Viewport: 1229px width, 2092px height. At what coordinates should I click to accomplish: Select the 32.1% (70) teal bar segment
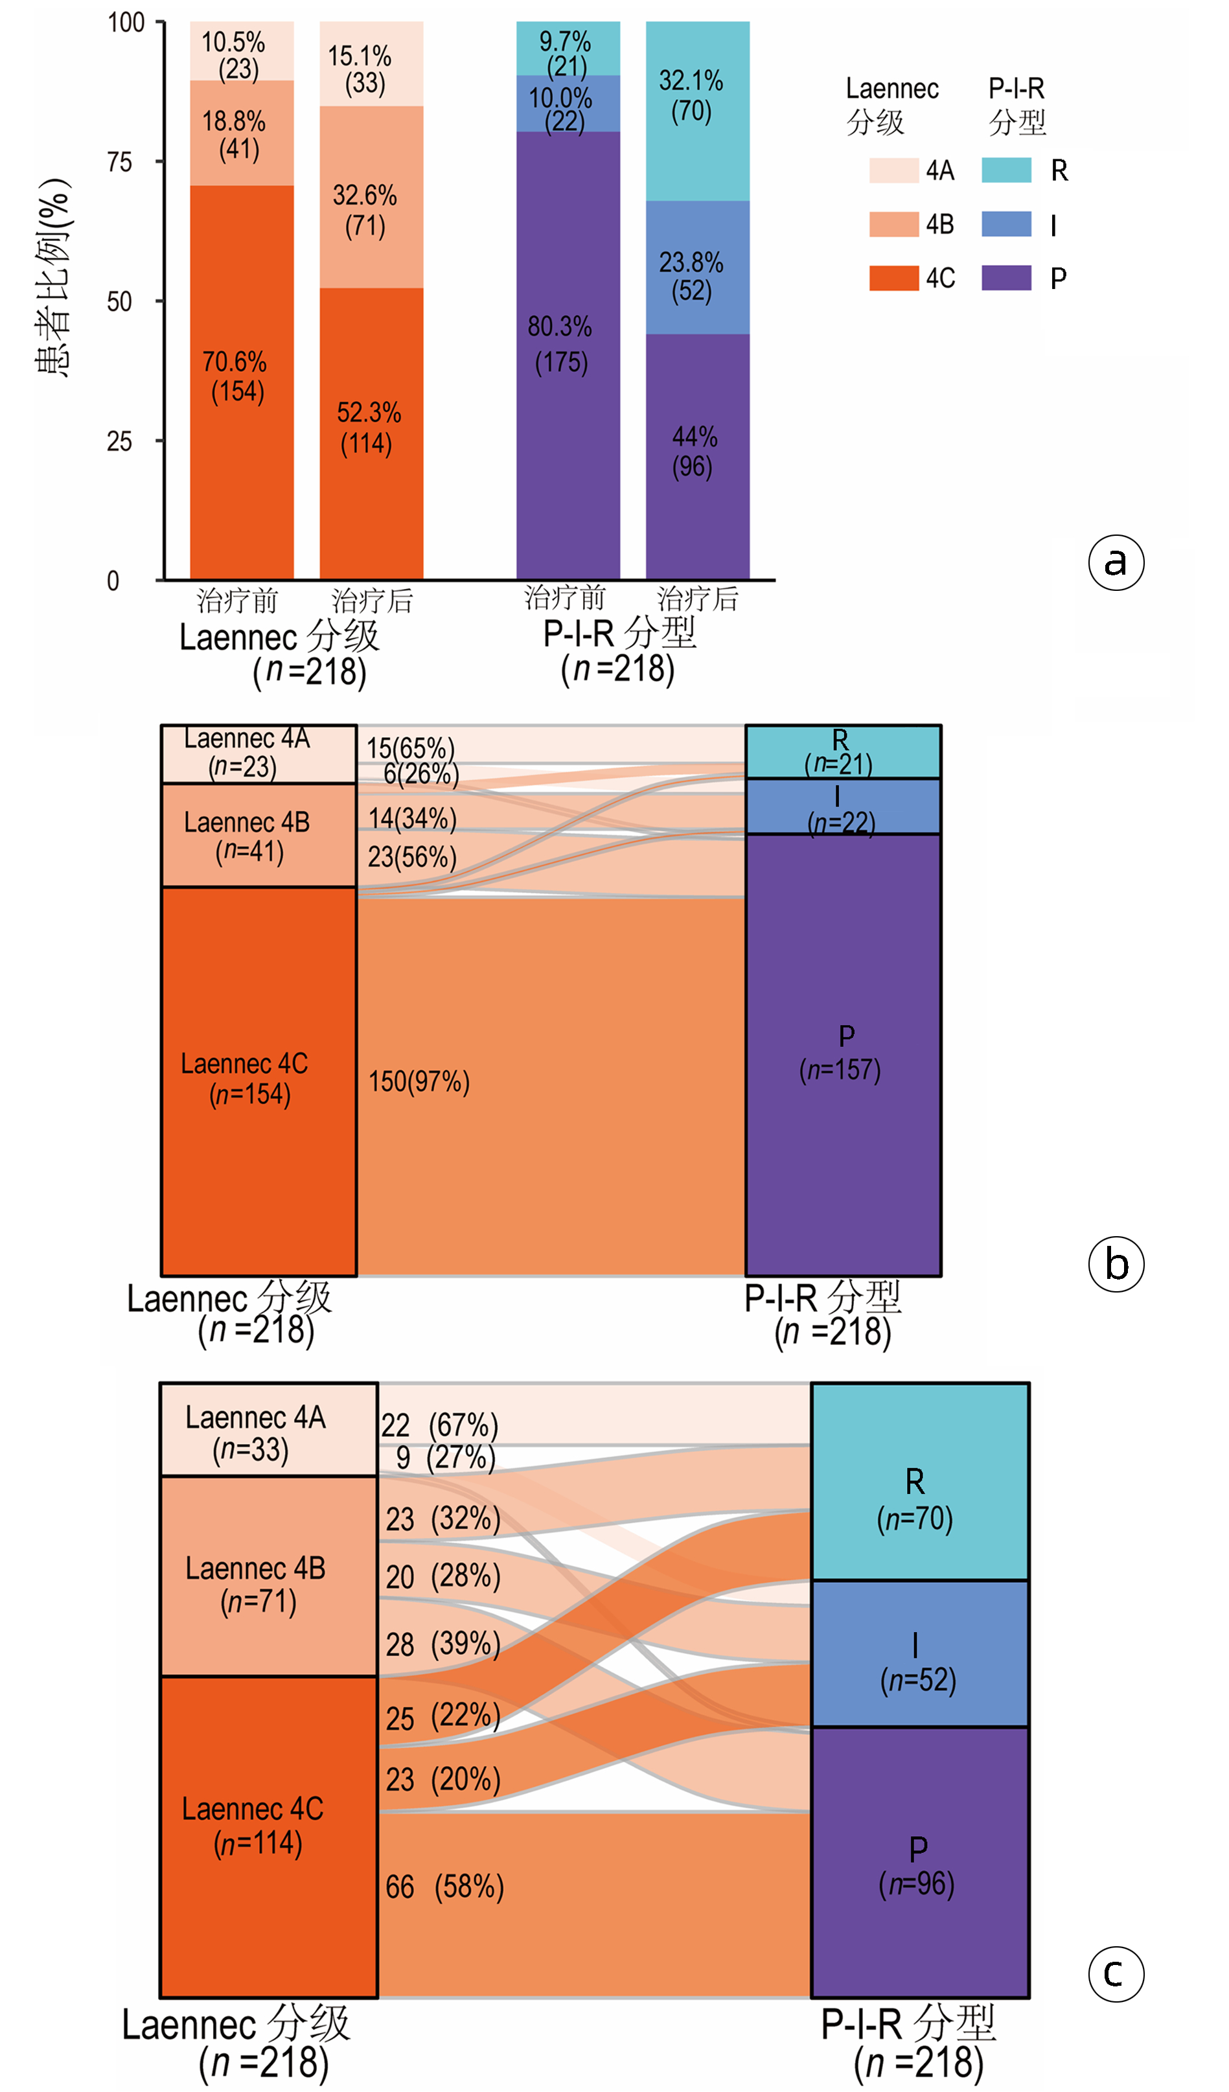pyautogui.click(x=698, y=110)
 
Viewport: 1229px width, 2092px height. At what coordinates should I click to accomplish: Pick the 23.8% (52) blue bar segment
pyautogui.click(x=698, y=268)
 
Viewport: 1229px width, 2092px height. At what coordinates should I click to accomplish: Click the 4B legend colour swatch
pyautogui.click(x=893, y=224)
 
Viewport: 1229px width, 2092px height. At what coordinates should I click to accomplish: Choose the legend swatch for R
pyautogui.click(x=1005, y=170)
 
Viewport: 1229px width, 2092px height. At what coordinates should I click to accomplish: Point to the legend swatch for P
pyautogui.click(x=1005, y=278)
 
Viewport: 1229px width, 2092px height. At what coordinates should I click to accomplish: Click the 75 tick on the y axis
pyautogui.click(x=121, y=162)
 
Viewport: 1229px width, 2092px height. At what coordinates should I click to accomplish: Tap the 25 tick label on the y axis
pyautogui.click(x=121, y=442)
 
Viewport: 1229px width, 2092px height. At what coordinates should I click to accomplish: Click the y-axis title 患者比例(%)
pyautogui.click(x=53, y=278)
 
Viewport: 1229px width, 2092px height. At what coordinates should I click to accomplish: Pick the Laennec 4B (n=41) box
pyautogui.click(x=258, y=835)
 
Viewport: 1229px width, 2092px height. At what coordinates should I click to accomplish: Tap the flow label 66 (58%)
pyautogui.click(x=445, y=1887)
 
